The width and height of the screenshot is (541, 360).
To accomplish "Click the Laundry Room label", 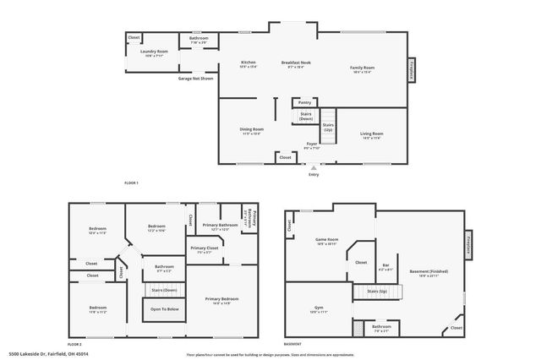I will (154, 52).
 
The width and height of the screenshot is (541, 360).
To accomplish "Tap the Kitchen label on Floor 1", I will (248, 63).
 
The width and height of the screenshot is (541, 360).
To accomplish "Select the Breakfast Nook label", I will (296, 63).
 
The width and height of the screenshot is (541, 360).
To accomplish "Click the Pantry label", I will (304, 102).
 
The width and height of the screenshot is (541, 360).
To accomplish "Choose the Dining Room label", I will (253, 129).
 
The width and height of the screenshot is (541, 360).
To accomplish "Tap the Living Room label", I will (372, 134).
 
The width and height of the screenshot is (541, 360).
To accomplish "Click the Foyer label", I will (312, 145).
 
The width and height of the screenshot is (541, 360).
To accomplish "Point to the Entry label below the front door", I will (314, 174).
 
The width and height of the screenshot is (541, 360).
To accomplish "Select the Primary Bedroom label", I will (222, 299).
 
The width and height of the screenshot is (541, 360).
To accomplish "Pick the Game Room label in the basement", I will (327, 240).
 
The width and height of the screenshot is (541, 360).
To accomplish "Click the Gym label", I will (319, 310).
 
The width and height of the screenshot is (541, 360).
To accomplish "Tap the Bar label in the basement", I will (385, 265).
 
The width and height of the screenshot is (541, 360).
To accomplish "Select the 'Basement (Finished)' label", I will (429, 271).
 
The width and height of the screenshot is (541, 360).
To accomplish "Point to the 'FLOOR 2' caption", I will (74, 345).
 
